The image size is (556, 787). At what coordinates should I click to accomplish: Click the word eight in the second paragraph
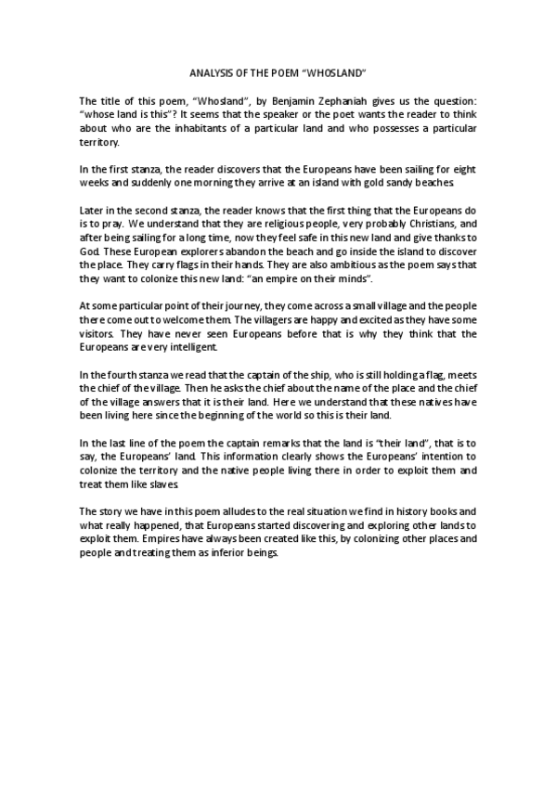tap(462, 169)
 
